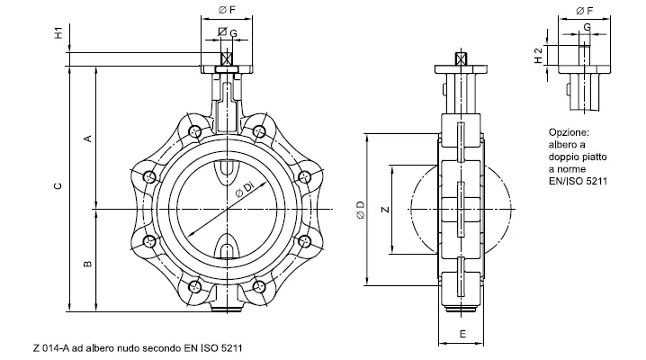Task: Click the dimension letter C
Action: (x=58, y=185)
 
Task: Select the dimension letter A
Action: (x=88, y=139)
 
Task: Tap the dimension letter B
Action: (x=88, y=264)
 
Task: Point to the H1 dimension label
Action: (x=59, y=33)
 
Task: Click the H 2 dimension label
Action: (x=538, y=56)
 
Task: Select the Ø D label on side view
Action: (x=361, y=210)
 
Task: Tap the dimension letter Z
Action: (x=385, y=209)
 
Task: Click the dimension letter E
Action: (x=462, y=334)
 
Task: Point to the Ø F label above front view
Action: (x=227, y=10)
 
